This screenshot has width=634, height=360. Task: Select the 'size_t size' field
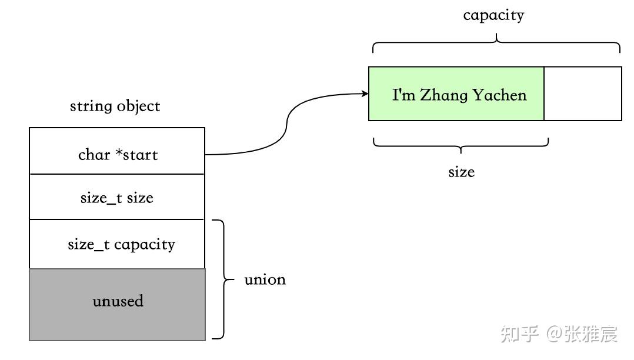point(117,198)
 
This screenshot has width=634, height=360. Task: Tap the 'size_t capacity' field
point(117,244)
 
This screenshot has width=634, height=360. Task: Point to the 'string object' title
point(115,106)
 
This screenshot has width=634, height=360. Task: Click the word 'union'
point(265,279)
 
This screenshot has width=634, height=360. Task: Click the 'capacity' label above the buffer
point(493,15)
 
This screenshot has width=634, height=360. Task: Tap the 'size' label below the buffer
point(461,172)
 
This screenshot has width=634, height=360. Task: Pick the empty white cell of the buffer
point(582,94)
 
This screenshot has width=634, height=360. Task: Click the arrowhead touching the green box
point(364,94)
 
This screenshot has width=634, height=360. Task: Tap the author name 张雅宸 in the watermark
point(591,334)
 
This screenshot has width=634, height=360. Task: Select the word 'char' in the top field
point(94,155)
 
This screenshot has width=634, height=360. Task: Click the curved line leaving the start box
point(287,126)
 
